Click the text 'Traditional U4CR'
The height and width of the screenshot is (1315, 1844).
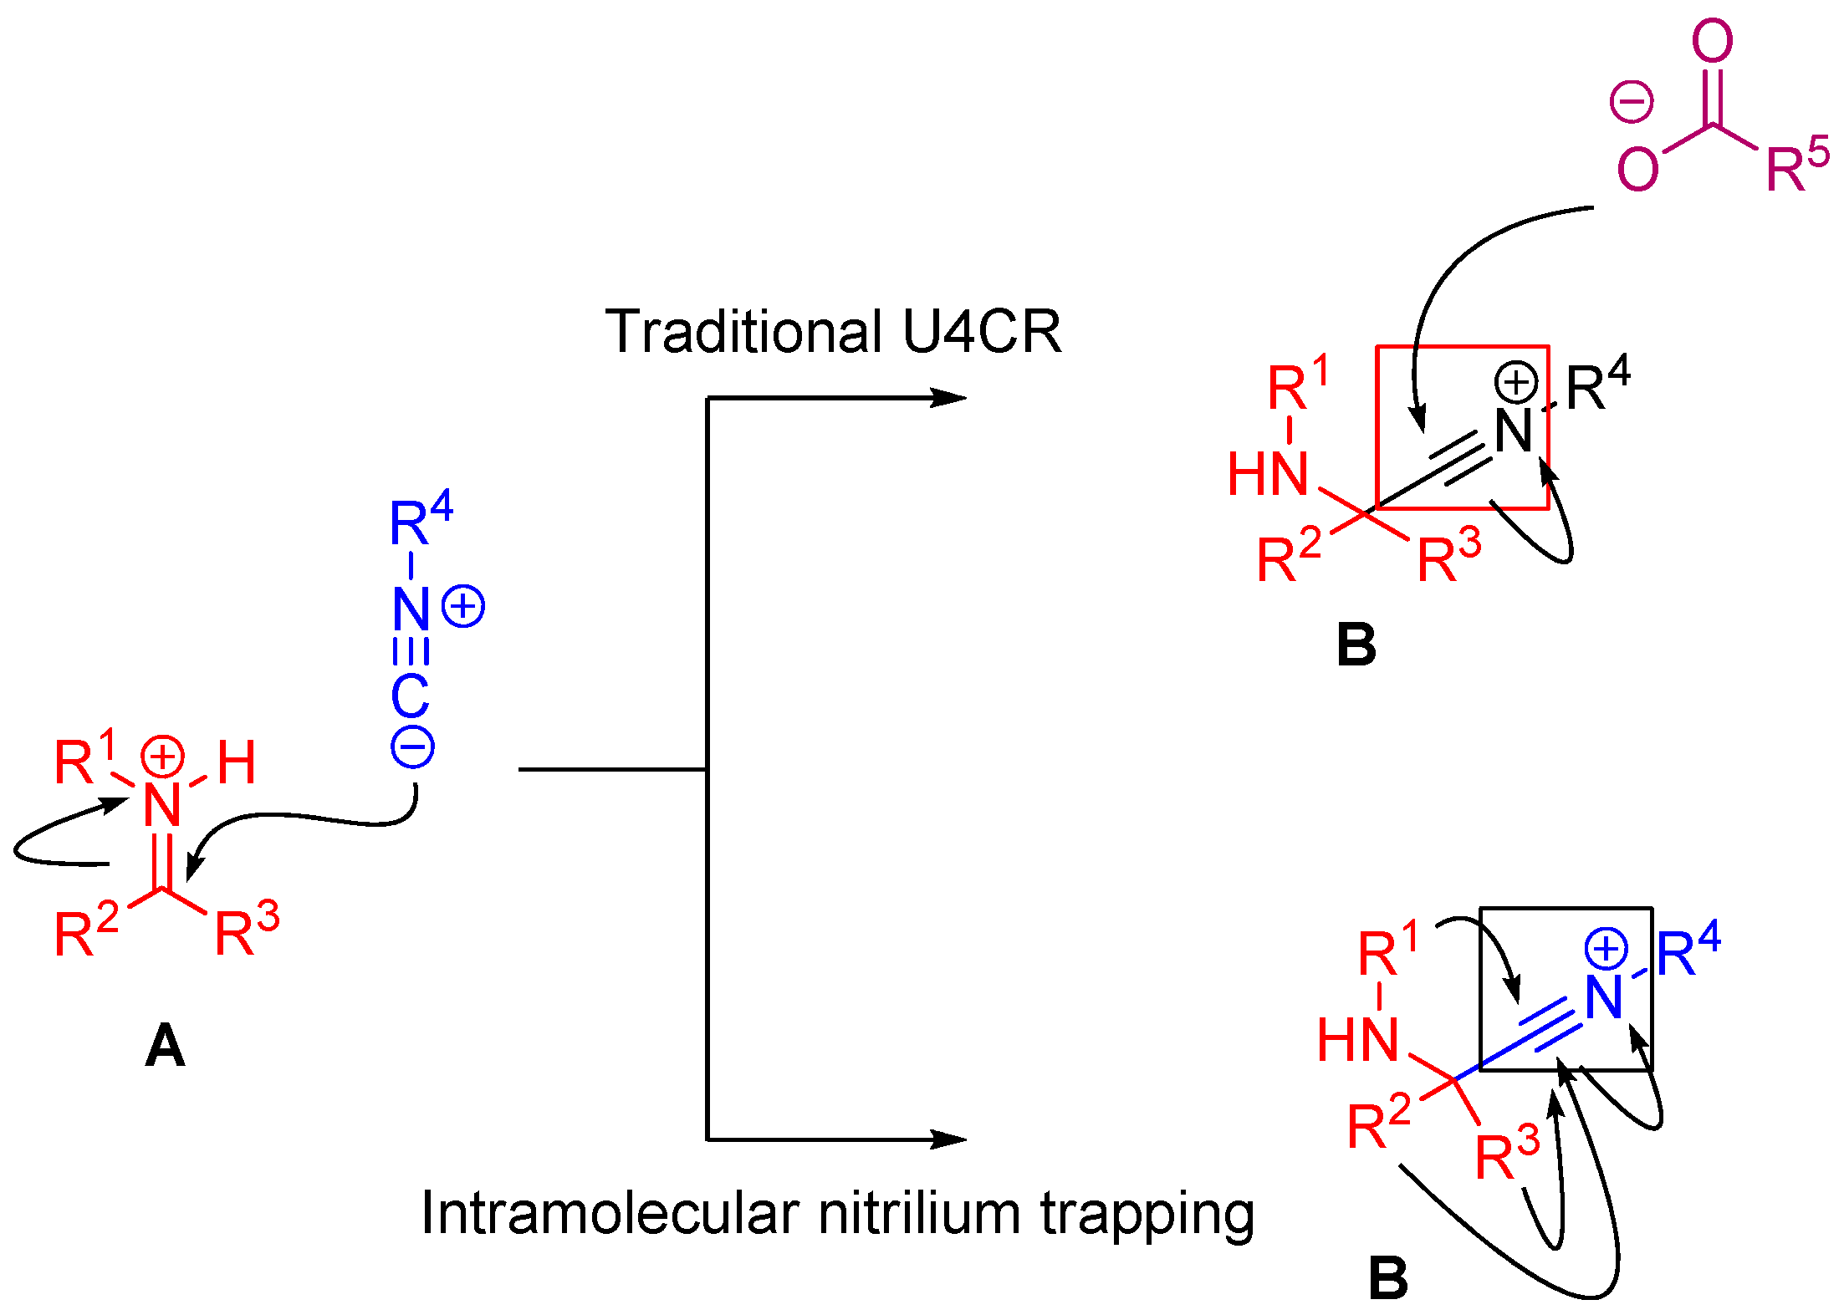click(x=833, y=332)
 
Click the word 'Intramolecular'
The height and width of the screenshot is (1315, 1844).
click(x=611, y=1213)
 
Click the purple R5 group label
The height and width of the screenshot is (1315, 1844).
click(x=1796, y=165)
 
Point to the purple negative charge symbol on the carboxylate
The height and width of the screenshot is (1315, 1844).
click(x=1632, y=102)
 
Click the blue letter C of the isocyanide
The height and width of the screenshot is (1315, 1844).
click(x=410, y=696)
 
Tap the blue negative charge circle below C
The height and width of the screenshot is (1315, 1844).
click(x=412, y=746)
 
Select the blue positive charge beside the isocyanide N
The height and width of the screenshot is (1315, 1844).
click(x=463, y=606)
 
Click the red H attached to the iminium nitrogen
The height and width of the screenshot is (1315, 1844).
click(x=236, y=762)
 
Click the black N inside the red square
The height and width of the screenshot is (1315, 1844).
click(x=1513, y=431)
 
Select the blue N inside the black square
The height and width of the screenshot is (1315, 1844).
click(x=1603, y=997)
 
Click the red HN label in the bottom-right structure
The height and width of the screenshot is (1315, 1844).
click(x=1357, y=1041)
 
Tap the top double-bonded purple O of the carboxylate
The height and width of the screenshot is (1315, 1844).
click(x=1712, y=40)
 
